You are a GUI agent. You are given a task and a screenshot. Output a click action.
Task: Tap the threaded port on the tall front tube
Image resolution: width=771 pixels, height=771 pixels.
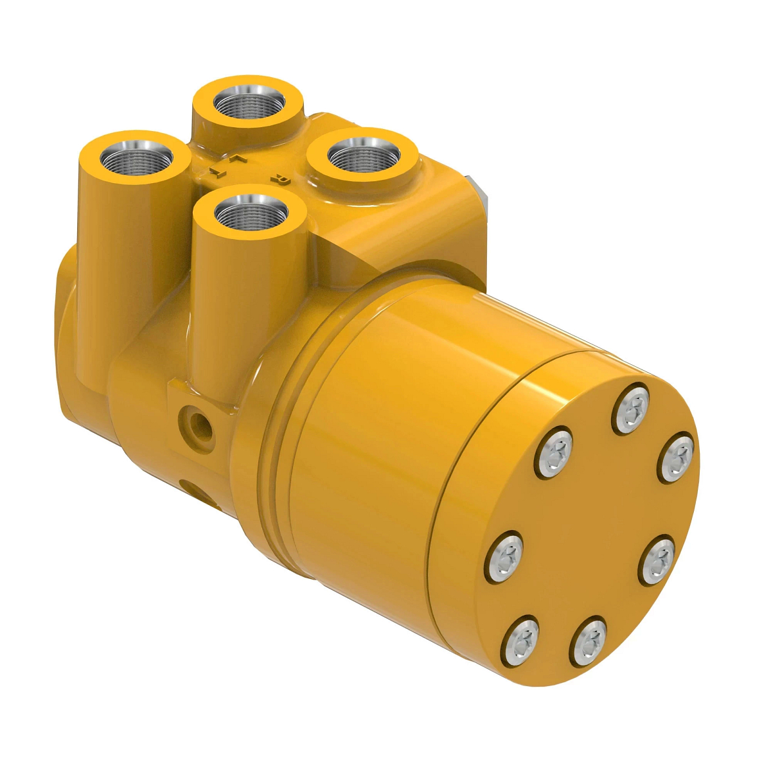click(250, 213)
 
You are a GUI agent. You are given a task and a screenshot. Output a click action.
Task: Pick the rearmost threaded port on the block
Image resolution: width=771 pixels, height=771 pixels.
click(249, 102)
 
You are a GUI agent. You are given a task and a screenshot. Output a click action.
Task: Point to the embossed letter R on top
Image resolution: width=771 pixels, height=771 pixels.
click(280, 181)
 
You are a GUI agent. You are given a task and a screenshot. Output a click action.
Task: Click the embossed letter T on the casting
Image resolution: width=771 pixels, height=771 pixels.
click(218, 172)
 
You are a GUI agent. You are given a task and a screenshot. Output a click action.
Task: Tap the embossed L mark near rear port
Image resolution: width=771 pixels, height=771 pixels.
click(239, 157)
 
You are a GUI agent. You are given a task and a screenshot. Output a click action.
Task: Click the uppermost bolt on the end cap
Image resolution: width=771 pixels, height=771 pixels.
click(633, 407)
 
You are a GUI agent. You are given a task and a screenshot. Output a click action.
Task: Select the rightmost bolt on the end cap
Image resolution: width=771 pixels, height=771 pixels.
click(677, 457)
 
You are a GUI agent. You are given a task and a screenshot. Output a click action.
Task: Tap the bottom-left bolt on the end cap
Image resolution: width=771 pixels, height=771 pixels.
click(521, 640)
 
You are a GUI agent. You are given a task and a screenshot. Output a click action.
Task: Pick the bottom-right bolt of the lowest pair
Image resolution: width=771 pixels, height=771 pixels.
click(589, 641)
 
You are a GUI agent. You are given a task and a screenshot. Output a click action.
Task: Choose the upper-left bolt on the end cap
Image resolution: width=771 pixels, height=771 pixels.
click(554, 452)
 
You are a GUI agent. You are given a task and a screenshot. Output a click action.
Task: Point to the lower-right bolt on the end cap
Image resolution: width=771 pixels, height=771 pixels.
click(657, 561)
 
